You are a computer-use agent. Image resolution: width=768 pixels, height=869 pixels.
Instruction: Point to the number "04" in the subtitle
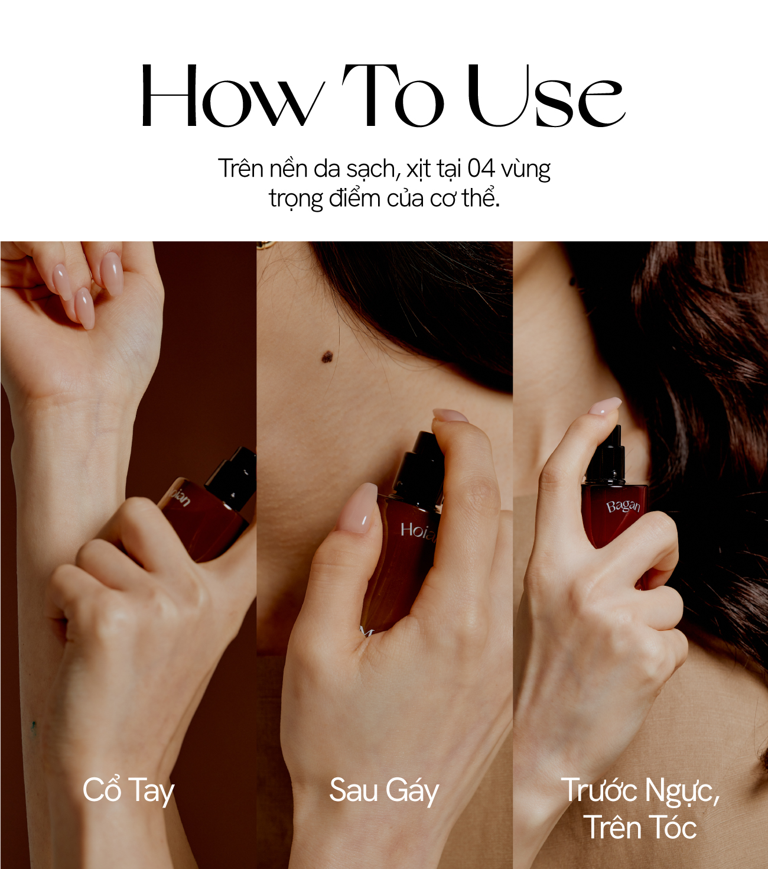pyautogui.click(x=481, y=168)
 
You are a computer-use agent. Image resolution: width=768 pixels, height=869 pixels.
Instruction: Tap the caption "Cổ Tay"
pyautogui.click(x=129, y=790)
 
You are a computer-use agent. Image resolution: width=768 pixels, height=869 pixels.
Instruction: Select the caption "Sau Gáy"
pyautogui.click(x=384, y=790)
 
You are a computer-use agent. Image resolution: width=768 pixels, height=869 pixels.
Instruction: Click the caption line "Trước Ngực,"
pyautogui.click(x=640, y=790)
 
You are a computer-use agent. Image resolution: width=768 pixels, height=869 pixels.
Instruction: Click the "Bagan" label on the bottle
pyautogui.click(x=623, y=507)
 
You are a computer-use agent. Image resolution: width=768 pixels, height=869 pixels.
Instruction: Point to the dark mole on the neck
pyautogui.click(x=328, y=355)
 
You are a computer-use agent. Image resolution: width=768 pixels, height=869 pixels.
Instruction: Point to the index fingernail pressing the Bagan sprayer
pyautogui.click(x=605, y=406)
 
